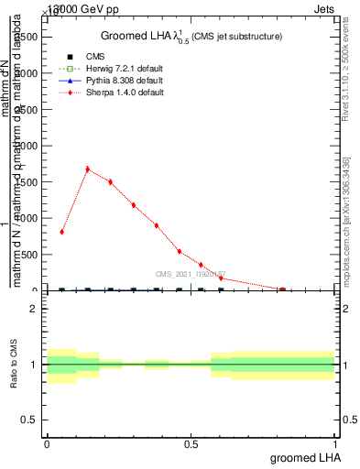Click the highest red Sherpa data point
tap(87, 169)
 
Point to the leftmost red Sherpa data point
tap(61, 232)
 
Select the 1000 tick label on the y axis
tap(27, 218)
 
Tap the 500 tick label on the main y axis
tap(30, 255)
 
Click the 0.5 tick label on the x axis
tap(191, 444)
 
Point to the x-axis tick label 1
tap(335, 444)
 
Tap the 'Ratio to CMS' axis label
tap(14, 365)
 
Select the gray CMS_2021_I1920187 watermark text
tap(191, 274)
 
